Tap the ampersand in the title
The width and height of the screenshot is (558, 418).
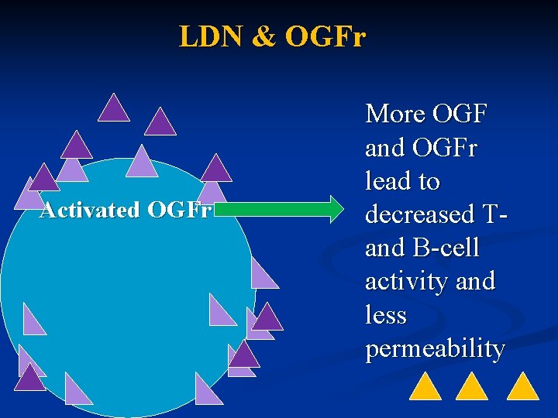(263, 36)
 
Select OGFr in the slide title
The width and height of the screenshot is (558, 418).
(325, 36)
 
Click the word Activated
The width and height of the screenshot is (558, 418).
(90, 210)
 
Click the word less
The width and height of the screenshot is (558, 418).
(386, 315)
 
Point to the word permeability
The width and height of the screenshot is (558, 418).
(435, 349)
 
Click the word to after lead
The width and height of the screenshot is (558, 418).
(427, 181)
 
